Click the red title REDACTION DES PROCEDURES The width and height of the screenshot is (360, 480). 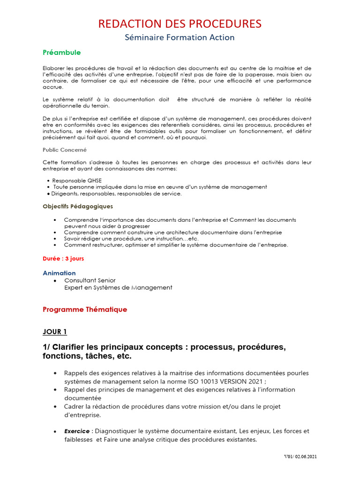[x=180, y=24]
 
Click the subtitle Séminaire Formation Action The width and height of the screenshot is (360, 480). [x=180, y=37]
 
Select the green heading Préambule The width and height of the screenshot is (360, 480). [x=61, y=52]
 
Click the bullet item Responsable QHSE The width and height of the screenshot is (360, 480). [x=76, y=180]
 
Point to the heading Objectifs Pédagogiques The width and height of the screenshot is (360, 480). [x=77, y=206]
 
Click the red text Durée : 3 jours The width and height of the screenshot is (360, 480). [x=63, y=258]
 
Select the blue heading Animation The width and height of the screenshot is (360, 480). [x=59, y=273]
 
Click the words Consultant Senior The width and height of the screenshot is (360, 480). [x=90, y=280]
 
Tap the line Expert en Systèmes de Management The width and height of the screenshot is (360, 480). [x=118, y=287]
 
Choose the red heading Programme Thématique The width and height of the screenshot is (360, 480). [x=85, y=309]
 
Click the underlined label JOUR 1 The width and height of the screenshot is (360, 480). [x=55, y=332]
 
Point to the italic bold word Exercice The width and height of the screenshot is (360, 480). [x=77, y=431]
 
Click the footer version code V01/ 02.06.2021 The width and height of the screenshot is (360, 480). [x=300, y=456]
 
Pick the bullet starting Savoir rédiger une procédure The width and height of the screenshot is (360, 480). [x=131, y=239]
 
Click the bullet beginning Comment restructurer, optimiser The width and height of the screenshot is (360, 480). [x=176, y=245]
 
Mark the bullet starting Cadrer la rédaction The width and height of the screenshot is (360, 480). [x=172, y=407]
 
